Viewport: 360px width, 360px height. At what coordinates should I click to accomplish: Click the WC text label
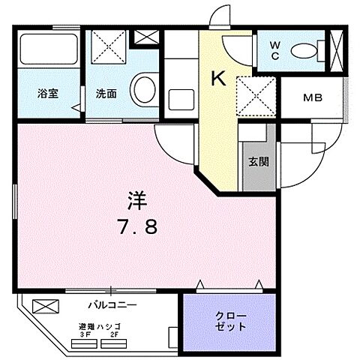pos(275,49)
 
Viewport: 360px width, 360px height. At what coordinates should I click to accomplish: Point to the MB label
pos(312,97)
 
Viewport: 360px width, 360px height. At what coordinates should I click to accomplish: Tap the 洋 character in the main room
pos(136,200)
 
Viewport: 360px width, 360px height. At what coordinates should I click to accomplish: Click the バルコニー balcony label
pos(112,304)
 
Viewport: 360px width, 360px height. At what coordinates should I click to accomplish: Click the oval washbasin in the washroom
pos(142,89)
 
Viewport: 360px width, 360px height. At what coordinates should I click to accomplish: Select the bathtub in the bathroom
pos(48,49)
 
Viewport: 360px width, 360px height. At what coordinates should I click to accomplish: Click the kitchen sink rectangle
pos(180,98)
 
